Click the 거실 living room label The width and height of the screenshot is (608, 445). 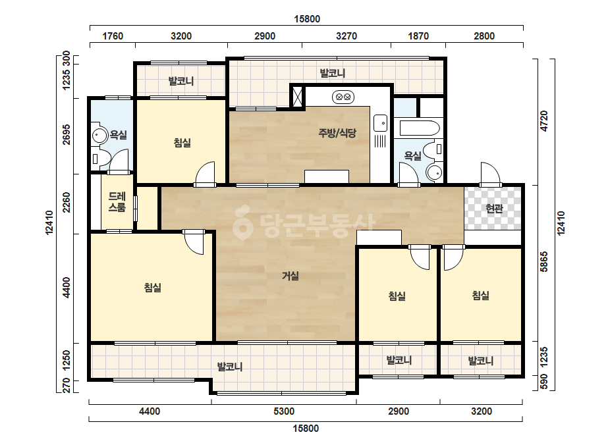click(x=290, y=276)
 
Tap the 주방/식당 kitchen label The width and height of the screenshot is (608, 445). click(x=337, y=133)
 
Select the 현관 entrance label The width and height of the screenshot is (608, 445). click(x=494, y=209)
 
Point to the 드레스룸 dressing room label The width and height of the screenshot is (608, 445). click(x=117, y=202)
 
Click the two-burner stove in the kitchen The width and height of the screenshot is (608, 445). click(x=343, y=97)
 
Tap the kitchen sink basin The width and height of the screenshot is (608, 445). click(x=380, y=123)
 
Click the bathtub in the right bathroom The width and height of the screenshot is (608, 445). click(x=419, y=128)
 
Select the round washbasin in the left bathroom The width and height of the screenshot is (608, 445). click(x=99, y=136)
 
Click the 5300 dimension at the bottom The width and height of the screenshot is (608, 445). click(x=284, y=411)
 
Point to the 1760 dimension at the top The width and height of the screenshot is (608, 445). click(x=113, y=36)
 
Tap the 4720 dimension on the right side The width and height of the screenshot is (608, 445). click(x=544, y=121)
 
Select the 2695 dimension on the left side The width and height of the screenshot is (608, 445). click(x=67, y=134)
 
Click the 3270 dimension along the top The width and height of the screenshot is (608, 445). click(x=346, y=36)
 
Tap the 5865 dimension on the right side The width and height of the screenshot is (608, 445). click(x=544, y=261)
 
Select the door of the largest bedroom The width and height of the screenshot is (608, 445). click(x=194, y=242)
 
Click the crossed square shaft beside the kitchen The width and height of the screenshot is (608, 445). click(x=297, y=97)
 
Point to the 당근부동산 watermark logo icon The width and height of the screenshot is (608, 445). click(x=242, y=222)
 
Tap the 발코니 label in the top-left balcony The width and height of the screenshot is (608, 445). click(x=180, y=81)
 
